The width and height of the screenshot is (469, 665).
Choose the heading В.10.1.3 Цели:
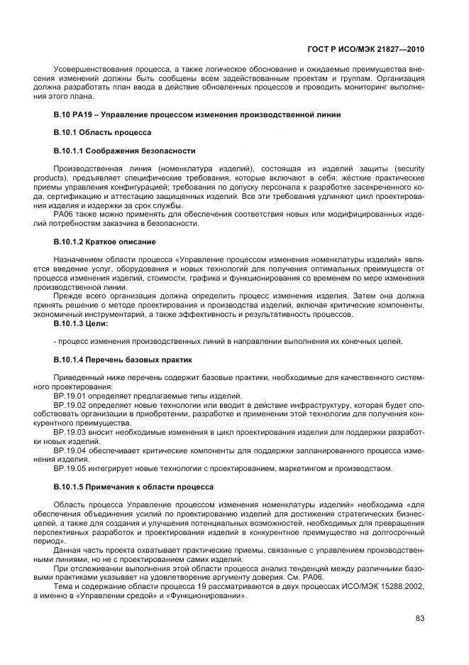81,323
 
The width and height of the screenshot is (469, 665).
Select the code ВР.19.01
69,396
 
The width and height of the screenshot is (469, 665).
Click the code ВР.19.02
69,404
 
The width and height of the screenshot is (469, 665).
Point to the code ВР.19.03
69,431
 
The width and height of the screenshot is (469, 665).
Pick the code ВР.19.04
69,450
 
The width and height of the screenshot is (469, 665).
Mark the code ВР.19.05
69,468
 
